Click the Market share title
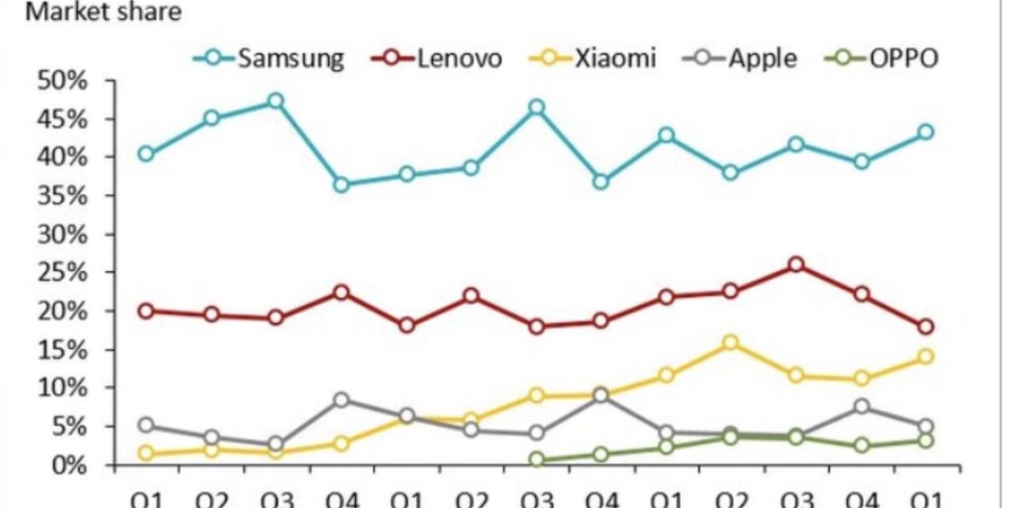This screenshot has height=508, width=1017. (x=103, y=12)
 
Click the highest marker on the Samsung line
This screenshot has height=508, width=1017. (x=276, y=101)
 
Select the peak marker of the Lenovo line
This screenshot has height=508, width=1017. (x=796, y=265)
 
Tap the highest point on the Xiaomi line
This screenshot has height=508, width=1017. (x=731, y=343)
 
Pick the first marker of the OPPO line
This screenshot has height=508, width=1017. (x=536, y=460)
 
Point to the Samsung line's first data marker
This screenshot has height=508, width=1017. (x=146, y=154)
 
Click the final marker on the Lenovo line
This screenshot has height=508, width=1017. (x=926, y=327)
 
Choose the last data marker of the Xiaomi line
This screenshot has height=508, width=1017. (x=926, y=356)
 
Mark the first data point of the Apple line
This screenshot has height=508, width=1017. (x=146, y=425)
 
